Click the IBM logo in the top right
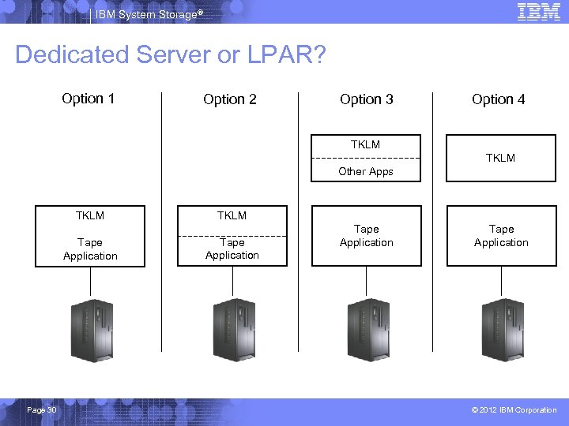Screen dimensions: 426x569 (539, 11)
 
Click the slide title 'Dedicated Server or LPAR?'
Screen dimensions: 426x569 (170, 55)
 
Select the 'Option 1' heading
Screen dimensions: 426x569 (89, 99)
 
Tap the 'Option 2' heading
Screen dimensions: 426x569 (230, 99)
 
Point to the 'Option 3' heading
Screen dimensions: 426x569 (367, 99)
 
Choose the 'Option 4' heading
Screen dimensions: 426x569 (499, 99)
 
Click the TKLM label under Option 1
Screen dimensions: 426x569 (90, 215)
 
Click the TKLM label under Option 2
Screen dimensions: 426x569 (232, 215)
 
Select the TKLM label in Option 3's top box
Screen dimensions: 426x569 (366, 144)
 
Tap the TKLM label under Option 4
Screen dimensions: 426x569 (501, 158)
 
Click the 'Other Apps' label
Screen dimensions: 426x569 (366, 171)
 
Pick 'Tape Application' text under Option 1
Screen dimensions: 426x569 (90, 249)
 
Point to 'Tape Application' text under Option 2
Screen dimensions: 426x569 (232, 248)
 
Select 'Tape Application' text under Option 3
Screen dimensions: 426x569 (367, 236)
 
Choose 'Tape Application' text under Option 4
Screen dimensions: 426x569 (501, 236)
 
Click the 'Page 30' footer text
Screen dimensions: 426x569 (41, 409)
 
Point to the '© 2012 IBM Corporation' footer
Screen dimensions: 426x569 (514, 409)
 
